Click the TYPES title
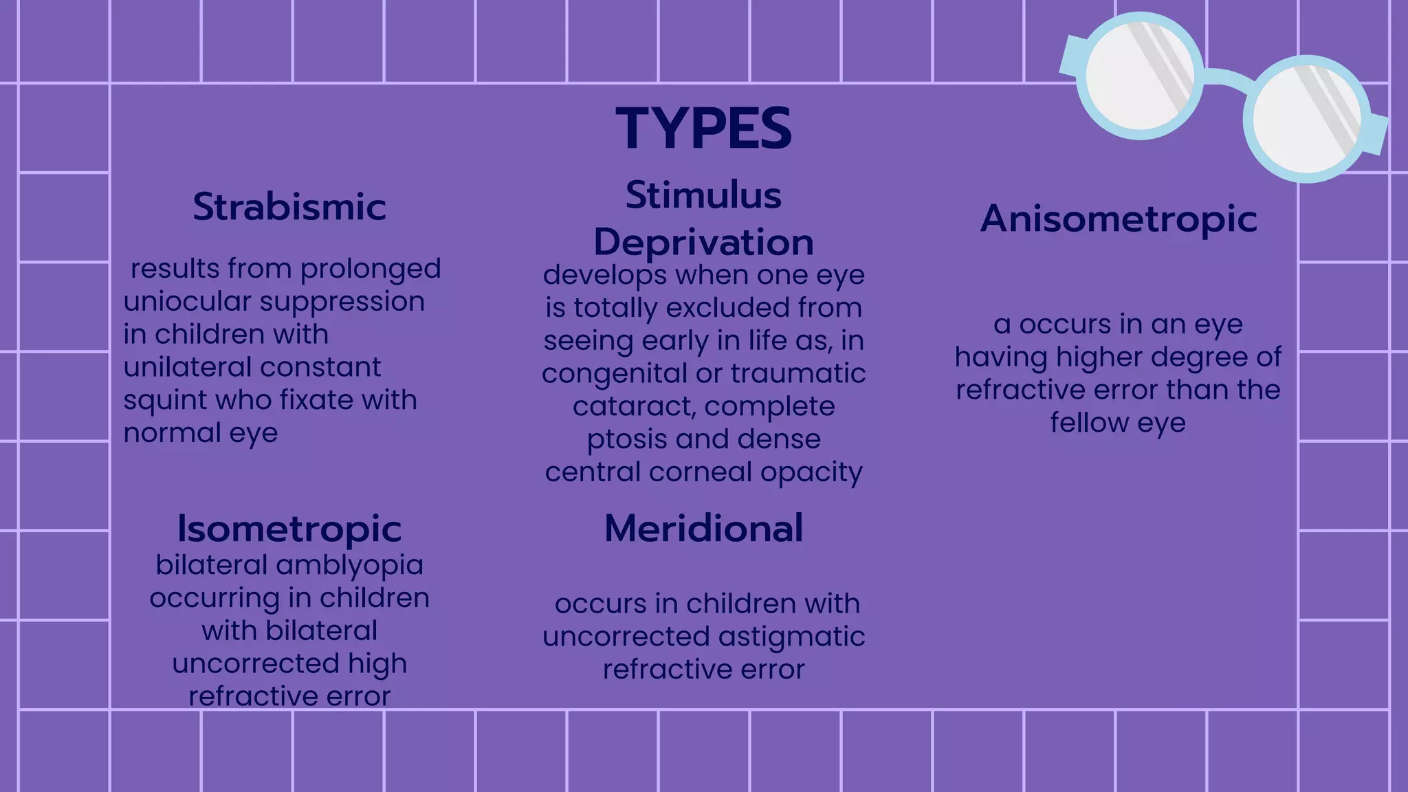(x=703, y=129)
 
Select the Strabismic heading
(x=289, y=206)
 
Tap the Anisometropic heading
(x=1119, y=219)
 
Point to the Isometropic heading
(x=289, y=528)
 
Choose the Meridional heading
(x=703, y=528)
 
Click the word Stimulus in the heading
(x=703, y=195)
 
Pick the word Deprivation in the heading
(x=703, y=242)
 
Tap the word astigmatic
(x=788, y=637)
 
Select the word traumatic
(x=797, y=374)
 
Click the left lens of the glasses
(x=1139, y=76)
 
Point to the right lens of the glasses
(x=1306, y=119)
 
